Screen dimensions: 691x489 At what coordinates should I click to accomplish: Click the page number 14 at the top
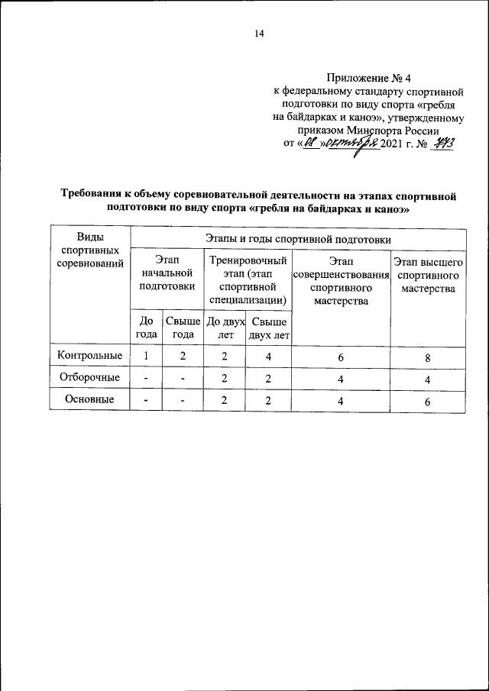[x=259, y=34]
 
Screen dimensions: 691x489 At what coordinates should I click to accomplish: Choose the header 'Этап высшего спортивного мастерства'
[x=428, y=276]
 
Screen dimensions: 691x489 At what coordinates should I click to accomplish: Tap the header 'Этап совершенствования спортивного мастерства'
[x=341, y=281]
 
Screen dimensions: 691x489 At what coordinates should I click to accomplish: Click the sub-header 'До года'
[x=146, y=328]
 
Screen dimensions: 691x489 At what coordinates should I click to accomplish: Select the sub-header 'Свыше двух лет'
[x=269, y=328]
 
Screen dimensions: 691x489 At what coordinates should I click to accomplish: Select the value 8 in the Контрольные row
[x=428, y=357]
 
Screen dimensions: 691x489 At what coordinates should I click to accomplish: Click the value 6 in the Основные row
[x=428, y=400]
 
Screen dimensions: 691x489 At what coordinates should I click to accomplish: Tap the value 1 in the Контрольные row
[x=146, y=356]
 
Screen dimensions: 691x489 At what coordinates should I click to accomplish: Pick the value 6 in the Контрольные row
[x=341, y=357]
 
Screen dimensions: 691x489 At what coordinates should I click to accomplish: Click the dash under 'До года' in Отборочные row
[x=146, y=378]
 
